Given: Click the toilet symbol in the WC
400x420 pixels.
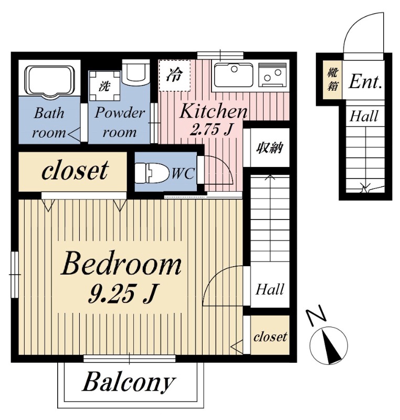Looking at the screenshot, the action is pos(152,173).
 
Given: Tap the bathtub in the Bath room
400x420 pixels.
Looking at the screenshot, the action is pos(49,80).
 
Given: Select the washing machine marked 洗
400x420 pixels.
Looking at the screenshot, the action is pos(104,86).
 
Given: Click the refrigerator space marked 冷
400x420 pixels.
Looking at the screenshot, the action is pos(175,75).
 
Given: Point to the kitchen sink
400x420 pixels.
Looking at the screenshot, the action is pos(234,75).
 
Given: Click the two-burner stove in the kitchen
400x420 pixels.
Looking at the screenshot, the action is pos(272,75).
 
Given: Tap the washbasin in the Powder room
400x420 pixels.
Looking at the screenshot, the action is pos(135,72).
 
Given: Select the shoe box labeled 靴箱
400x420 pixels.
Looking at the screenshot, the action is pos(332,80).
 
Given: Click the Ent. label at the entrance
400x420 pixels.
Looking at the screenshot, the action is pos(365,81).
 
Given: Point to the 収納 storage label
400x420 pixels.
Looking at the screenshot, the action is pos(269,147).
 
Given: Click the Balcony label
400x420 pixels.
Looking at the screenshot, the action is pos(129,382).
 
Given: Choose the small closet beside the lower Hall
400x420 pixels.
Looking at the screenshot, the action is pos(270,335).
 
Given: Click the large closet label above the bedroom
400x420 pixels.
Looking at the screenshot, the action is pos(75,170).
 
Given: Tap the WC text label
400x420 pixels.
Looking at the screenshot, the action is pos(183,173).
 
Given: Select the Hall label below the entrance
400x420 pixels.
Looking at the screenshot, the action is pos(364,116).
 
